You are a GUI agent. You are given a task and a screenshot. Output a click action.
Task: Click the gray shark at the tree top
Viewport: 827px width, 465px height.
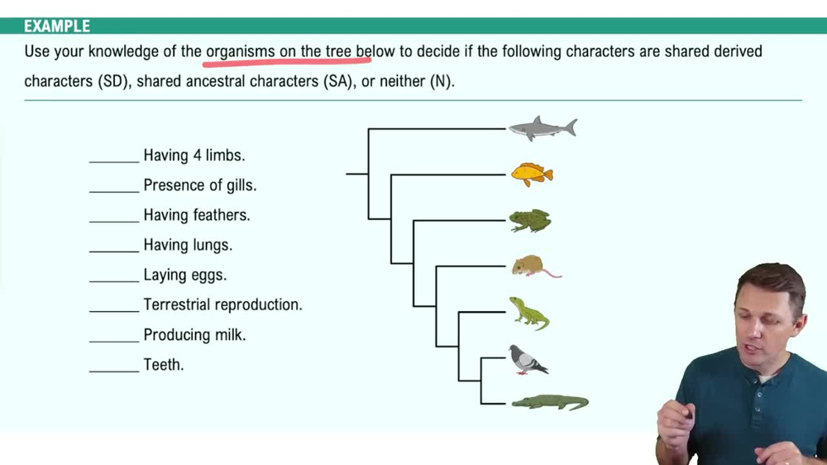point(542,129)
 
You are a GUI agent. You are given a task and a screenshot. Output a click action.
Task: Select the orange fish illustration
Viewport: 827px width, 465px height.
point(531,174)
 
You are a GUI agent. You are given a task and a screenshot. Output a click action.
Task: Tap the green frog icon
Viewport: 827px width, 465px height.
point(529,220)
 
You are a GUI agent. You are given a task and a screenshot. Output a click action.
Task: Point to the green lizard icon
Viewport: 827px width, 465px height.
point(528,313)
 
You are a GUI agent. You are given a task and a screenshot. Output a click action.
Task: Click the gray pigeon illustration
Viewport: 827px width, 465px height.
point(527,360)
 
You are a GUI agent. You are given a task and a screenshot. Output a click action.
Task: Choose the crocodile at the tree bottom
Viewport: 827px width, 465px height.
point(549,403)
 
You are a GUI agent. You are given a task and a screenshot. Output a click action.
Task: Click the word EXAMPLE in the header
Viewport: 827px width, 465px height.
point(57,26)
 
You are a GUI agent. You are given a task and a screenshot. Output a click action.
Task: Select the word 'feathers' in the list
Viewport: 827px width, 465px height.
point(222,215)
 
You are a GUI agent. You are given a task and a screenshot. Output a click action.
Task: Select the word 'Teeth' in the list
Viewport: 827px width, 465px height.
point(164,365)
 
